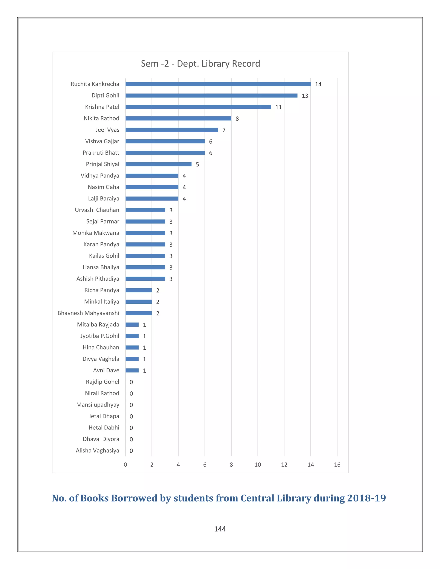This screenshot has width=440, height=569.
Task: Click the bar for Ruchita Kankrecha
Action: pyautogui.click(x=218, y=84)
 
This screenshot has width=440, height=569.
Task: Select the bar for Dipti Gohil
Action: pyautogui.click(x=211, y=95)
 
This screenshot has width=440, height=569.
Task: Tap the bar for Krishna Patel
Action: pyautogui.click(x=198, y=107)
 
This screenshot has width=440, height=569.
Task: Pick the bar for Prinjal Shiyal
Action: pyautogui.click(x=159, y=164)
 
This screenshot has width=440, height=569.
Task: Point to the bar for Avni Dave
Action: pyautogui.click(x=132, y=370)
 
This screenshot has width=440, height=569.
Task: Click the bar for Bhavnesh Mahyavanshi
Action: pyautogui.click(x=139, y=313)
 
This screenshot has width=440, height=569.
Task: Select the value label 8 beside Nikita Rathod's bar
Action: pyautogui.click(x=237, y=119)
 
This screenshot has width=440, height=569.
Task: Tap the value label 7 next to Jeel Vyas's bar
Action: pyautogui.click(x=224, y=130)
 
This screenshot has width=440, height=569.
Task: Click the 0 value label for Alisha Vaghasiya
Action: pyautogui.click(x=131, y=451)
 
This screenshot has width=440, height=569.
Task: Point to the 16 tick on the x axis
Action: pyautogui.click(x=337, y=464)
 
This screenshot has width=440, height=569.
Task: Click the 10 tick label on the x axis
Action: pyautogui.click(x=258, y=464)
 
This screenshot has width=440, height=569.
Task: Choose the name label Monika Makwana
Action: pyautogui.click(x=96, y=233)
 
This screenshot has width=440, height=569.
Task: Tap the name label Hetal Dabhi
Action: pyautogui.click(x=104, y=428)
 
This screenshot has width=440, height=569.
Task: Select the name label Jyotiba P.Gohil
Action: pyautogui.click(x=100, y=336)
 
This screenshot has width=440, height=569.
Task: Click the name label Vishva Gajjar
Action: pyautogui.click(x=102, y=141)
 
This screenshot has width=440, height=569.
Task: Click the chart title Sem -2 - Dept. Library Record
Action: pyautogui.click(x=200, y=64)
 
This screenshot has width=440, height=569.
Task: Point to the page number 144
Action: pyautogui.click(x=220, y=529)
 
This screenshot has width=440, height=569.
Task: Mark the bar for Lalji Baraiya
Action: pyautogui.click(x=152, y=199)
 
